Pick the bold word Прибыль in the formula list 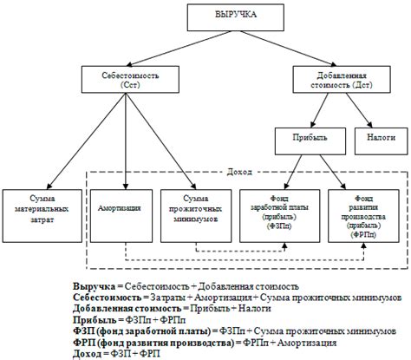[x=94, y=319]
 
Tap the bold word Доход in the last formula [x=89, y=353]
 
